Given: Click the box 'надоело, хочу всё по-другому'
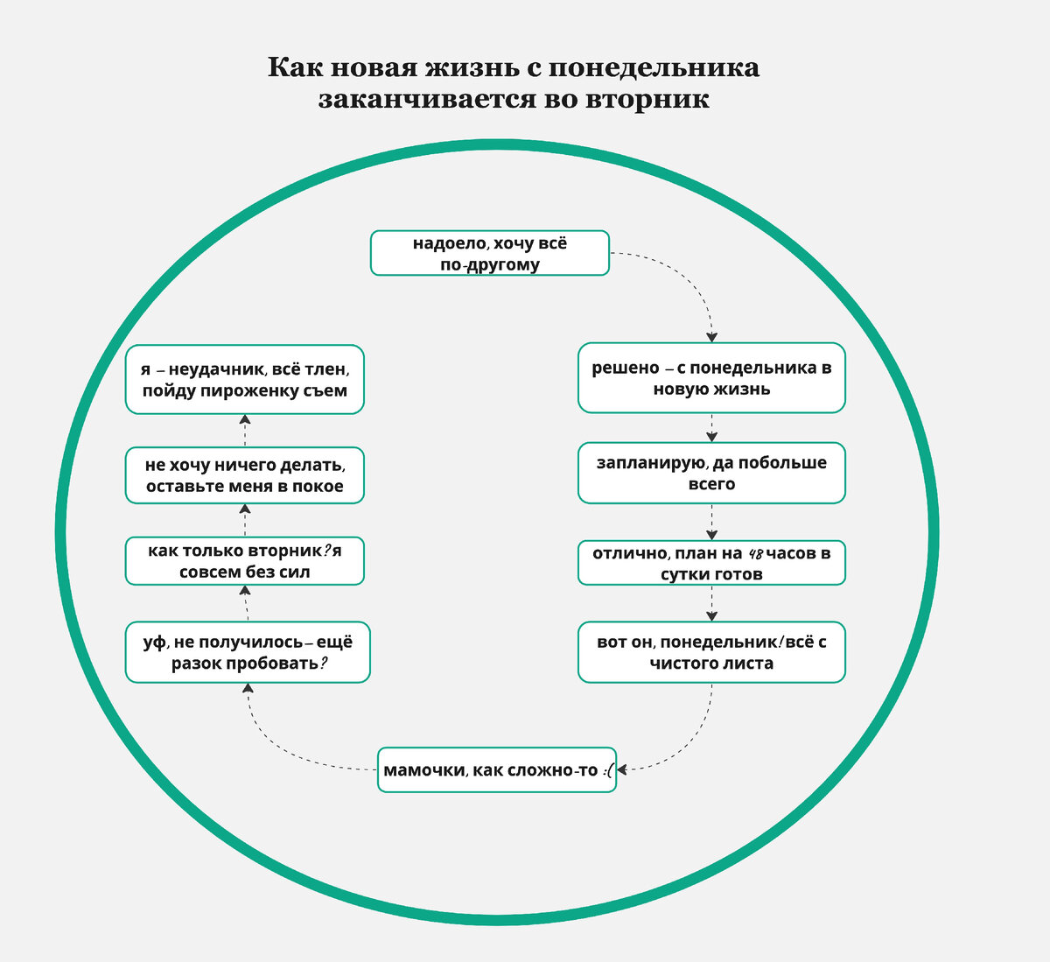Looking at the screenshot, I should pos(489,253).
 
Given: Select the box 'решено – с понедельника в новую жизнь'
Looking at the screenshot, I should pos(711,378).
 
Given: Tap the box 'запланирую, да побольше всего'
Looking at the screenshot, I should pos(711,473).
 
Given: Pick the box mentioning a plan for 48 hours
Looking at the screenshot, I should pos(711,563).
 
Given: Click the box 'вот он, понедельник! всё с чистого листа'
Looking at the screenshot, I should pos(711,652).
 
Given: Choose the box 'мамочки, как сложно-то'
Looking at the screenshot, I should pos(496,770).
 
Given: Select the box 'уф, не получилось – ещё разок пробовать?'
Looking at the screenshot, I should pos(248,652).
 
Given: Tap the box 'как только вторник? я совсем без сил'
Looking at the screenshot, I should pos(244,561).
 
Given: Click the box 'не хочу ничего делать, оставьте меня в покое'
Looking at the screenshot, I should pos(244,475).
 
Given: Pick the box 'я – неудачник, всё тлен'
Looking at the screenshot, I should pos(244,380).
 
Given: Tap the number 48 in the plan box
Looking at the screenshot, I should pos(756,553).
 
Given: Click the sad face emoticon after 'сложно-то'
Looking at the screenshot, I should pos(608,771).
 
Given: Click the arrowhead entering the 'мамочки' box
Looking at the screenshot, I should pos(622,769).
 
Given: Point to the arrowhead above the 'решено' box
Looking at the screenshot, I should pos(712,337).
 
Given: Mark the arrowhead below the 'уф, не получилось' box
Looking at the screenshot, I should pos(248,689).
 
